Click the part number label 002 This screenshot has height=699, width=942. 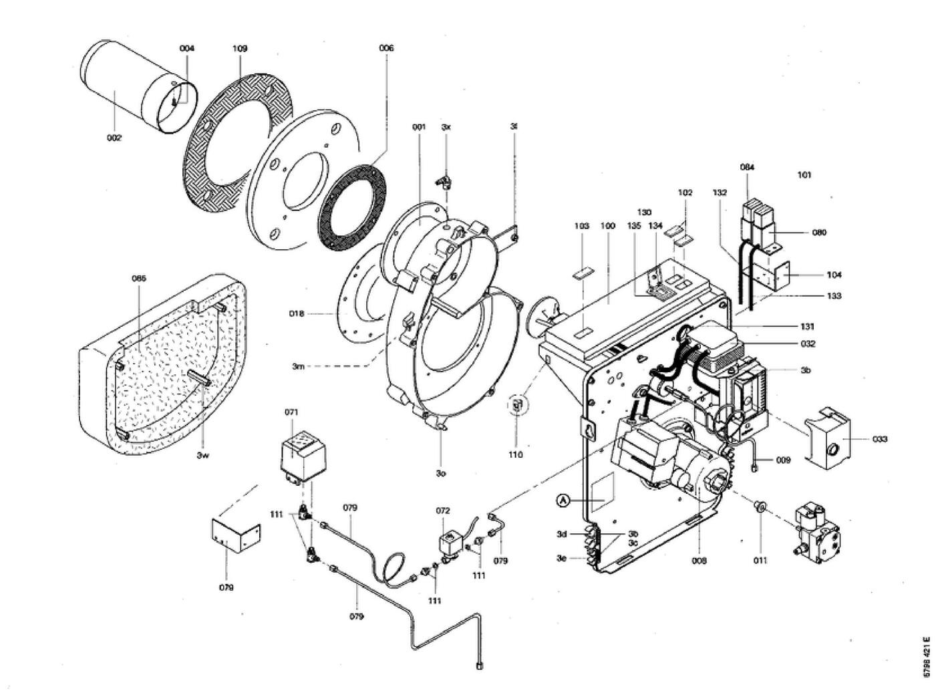[x=114, y=138]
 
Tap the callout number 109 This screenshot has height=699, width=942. [x=240, y=49]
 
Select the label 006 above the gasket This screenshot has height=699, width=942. [x=386, y=48]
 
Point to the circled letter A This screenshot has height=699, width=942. [x=563, y=500]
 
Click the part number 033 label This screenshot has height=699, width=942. [x=880, y=439]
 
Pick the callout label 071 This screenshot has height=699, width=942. [x=291, y=412]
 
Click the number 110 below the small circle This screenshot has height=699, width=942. [x=516, y=454]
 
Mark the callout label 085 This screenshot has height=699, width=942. [x=138, y=278]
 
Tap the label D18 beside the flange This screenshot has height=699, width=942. [x=315, y=313]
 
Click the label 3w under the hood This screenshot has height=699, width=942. [x=203, y=456]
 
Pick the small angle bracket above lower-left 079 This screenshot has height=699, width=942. [x=235, y=535]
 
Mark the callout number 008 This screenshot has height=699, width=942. [x=699, y=561]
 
